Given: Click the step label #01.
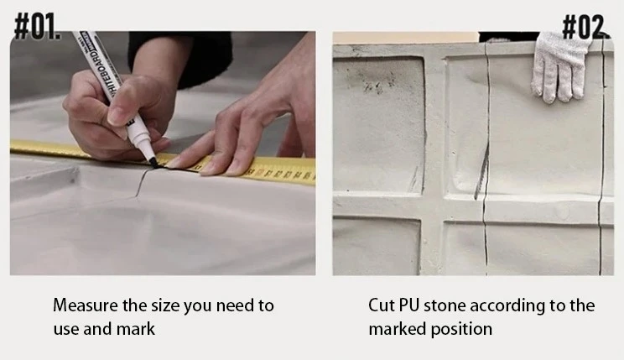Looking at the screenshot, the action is pos(38,26).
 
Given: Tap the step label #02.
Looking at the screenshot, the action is pos(585,27).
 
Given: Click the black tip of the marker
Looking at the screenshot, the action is pos(153,162).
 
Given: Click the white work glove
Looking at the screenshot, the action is pos(559,66).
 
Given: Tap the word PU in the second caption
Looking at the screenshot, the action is pos(409,305).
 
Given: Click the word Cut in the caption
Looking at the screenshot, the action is pos(382,305).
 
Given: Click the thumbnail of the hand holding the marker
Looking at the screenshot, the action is pos(116,115).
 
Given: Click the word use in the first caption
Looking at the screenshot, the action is pos(65,330).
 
